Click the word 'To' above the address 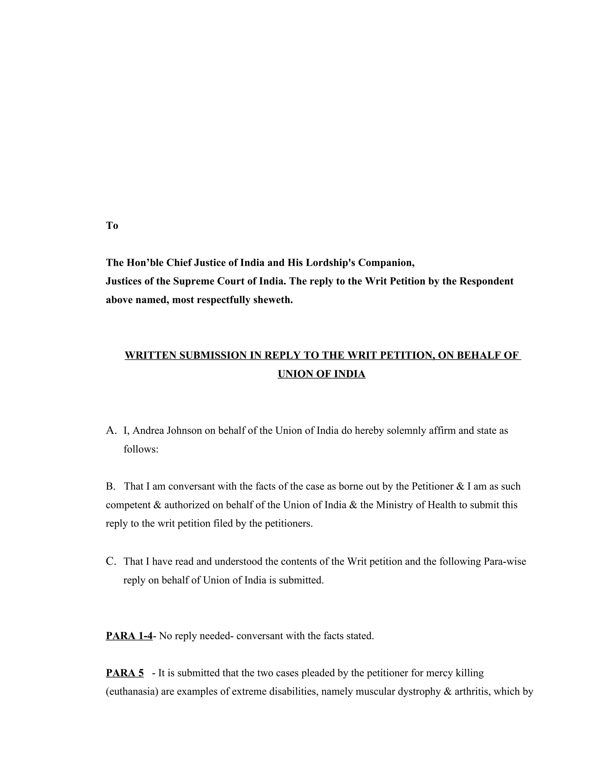112,226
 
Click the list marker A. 111,431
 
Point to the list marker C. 111,562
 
